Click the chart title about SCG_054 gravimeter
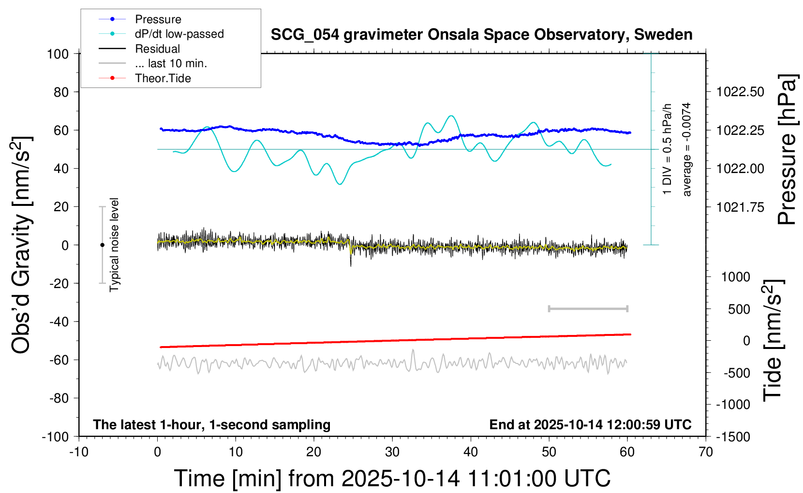[481, 35]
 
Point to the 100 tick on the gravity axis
[58, 54]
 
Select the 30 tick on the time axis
[392, 452]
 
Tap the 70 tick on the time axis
[706, 452]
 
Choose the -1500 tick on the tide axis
[732, 437]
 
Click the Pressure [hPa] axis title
[787, 149]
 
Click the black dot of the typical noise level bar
[102, 245]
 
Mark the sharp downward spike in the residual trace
[351, 261]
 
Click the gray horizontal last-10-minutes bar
[588, 308]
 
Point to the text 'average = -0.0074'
[686, 149]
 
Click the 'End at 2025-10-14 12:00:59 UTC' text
[590, 425]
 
